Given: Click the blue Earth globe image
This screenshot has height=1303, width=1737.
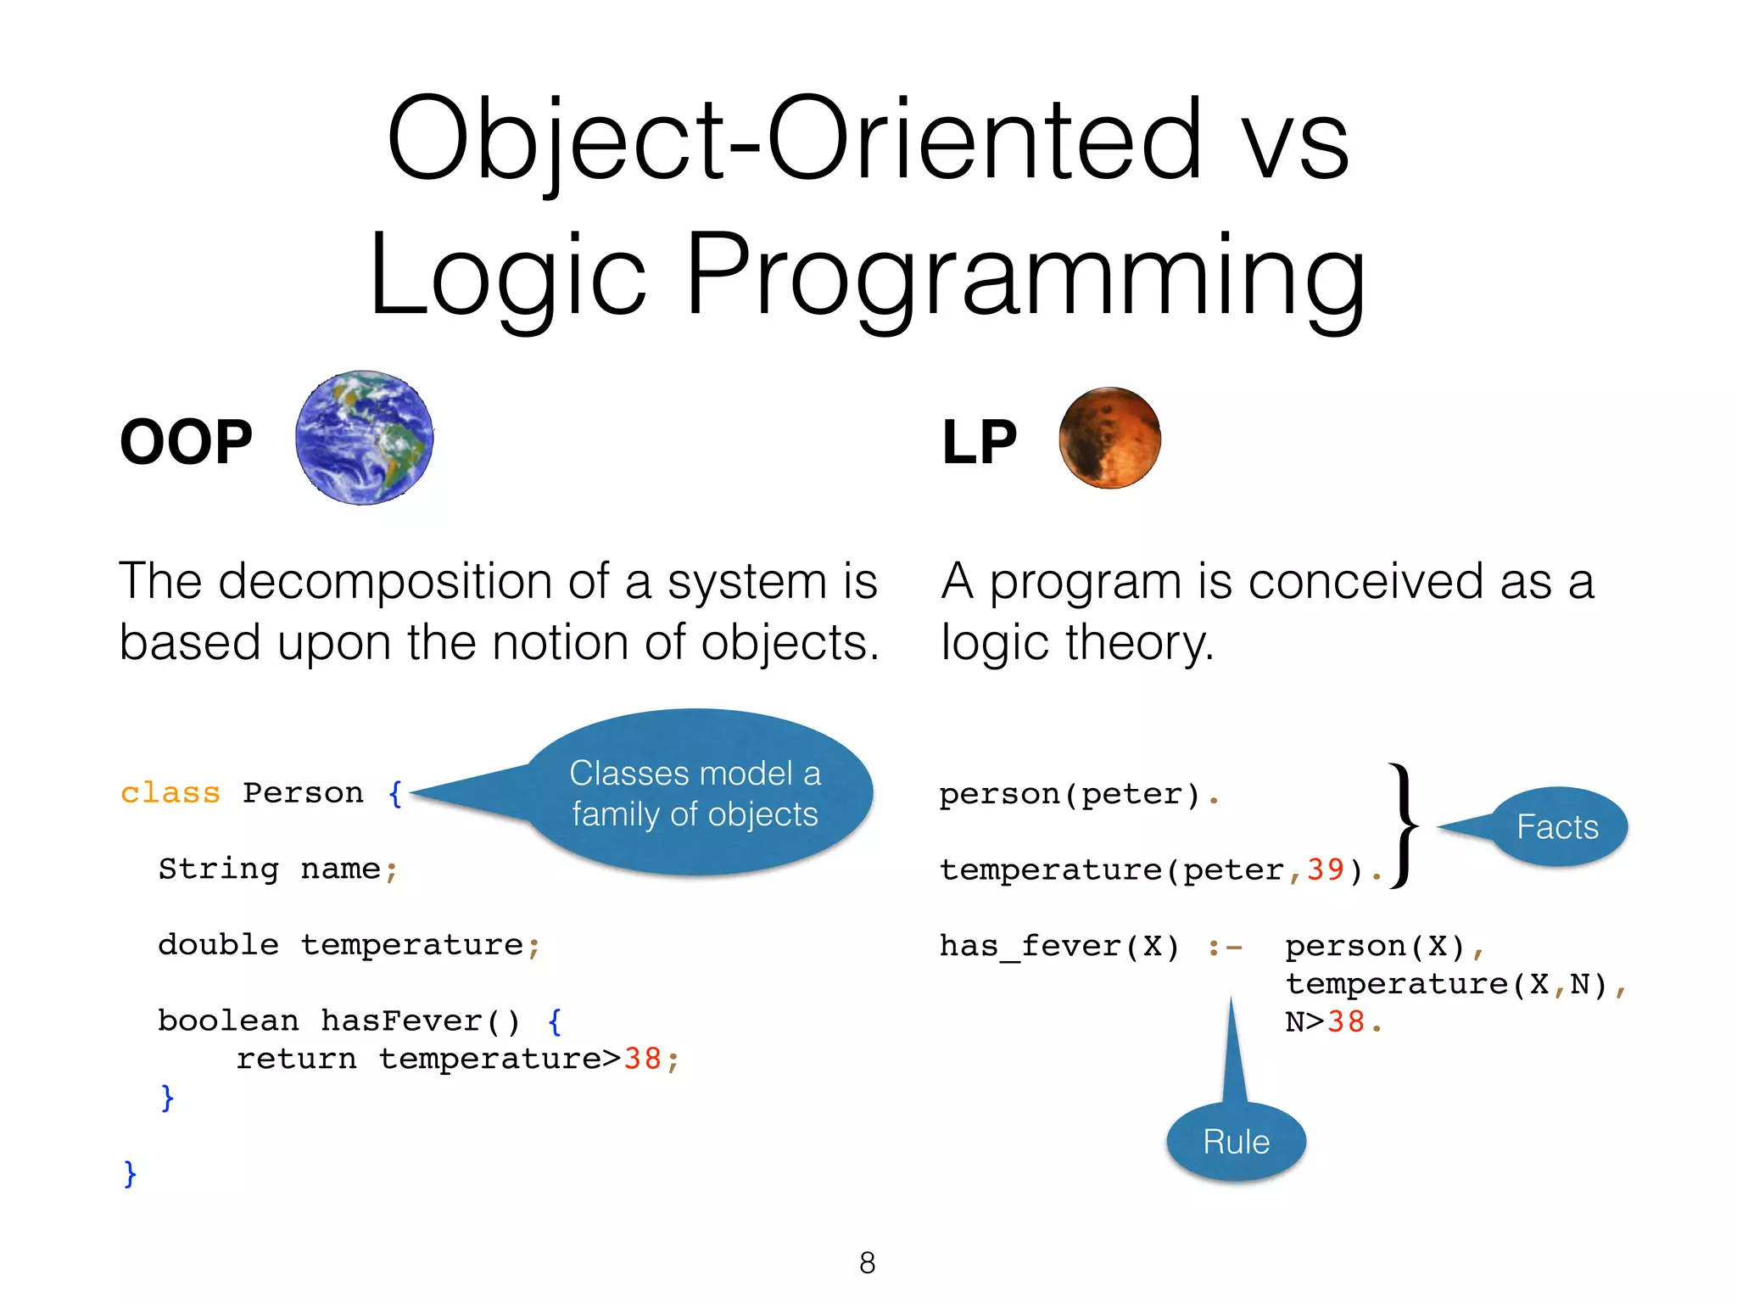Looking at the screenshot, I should (365, 438).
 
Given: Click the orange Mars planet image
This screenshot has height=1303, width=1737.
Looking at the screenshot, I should (1109, 438).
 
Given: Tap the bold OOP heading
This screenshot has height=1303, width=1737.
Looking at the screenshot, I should (186, 443).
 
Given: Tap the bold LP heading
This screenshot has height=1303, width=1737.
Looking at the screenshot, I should (979, 443).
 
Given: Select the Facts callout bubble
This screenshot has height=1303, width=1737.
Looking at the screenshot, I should (1557, 827).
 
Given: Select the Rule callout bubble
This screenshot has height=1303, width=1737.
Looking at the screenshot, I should (1236, 1142).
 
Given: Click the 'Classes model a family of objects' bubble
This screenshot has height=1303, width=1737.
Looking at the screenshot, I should (695, 793).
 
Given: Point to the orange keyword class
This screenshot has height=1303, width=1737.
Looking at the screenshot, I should (170, 793).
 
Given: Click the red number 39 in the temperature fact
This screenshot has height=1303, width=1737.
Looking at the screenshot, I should (1325, 870).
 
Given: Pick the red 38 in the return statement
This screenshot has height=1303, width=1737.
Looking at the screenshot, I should (642, 1060).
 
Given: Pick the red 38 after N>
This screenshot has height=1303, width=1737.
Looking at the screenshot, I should (1345, 1022).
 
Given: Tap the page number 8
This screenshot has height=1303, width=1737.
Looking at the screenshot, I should (867, 1263).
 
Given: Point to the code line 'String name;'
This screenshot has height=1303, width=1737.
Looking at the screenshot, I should (277, 870).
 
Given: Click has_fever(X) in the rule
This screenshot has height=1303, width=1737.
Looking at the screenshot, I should (1058, 947).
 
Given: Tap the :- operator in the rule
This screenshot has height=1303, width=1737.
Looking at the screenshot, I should (1225, 947).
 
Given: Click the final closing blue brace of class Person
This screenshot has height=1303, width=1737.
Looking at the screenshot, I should (130, 1174).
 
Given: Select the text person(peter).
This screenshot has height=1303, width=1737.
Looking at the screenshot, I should (1077, 795).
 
